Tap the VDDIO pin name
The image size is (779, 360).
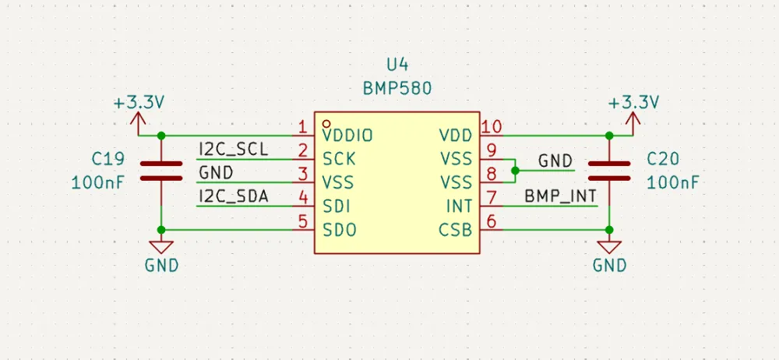click(347, 136)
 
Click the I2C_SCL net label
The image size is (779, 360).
click(233, 149)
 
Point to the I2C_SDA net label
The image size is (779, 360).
click(233, 196)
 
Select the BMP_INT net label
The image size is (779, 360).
click(560, 196)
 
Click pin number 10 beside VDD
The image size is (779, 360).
click(492, 127)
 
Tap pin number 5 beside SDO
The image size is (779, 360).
click(303, 221)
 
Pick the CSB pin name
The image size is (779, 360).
click(456, 230)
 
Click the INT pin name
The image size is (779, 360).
click(460, 206)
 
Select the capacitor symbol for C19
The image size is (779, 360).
click(161, 171)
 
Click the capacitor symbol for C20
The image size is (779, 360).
click(609, 171)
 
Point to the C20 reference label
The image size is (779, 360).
click(664, 160)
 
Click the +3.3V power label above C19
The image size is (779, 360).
click(139, 103)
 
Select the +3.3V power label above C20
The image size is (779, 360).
click(633, 103)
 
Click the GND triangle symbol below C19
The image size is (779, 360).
click(161, 247)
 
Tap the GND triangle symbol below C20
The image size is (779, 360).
click(609, 247)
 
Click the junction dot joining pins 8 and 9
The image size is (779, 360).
click(514, 170)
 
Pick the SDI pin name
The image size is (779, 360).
click(337, 206)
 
